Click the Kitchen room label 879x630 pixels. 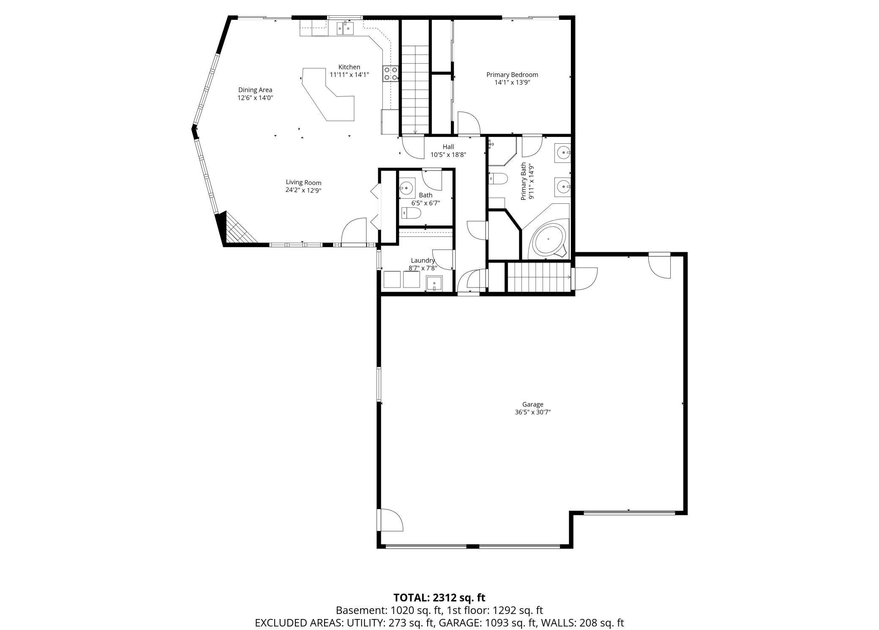click(x=349, y=67)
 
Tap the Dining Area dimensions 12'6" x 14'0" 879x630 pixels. click(x=255, y=98)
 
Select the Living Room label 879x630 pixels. click(x=303, y=183)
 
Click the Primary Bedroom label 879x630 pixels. click(x=512, y=75)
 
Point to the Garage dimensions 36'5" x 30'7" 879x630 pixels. click(x=532, y=412)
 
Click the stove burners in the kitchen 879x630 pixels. click(x=390, y=74)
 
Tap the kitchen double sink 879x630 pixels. click(x=345, y=29)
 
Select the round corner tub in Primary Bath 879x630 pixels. click(x=548, y=240)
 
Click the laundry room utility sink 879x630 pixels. click(x=434, y=283)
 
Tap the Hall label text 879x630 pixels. click(x=448, y=147)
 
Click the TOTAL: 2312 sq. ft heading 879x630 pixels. click(x=439, y=597)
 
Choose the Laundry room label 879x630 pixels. click(x=423, y=260)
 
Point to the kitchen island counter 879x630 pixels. click(x=328, y=96)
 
